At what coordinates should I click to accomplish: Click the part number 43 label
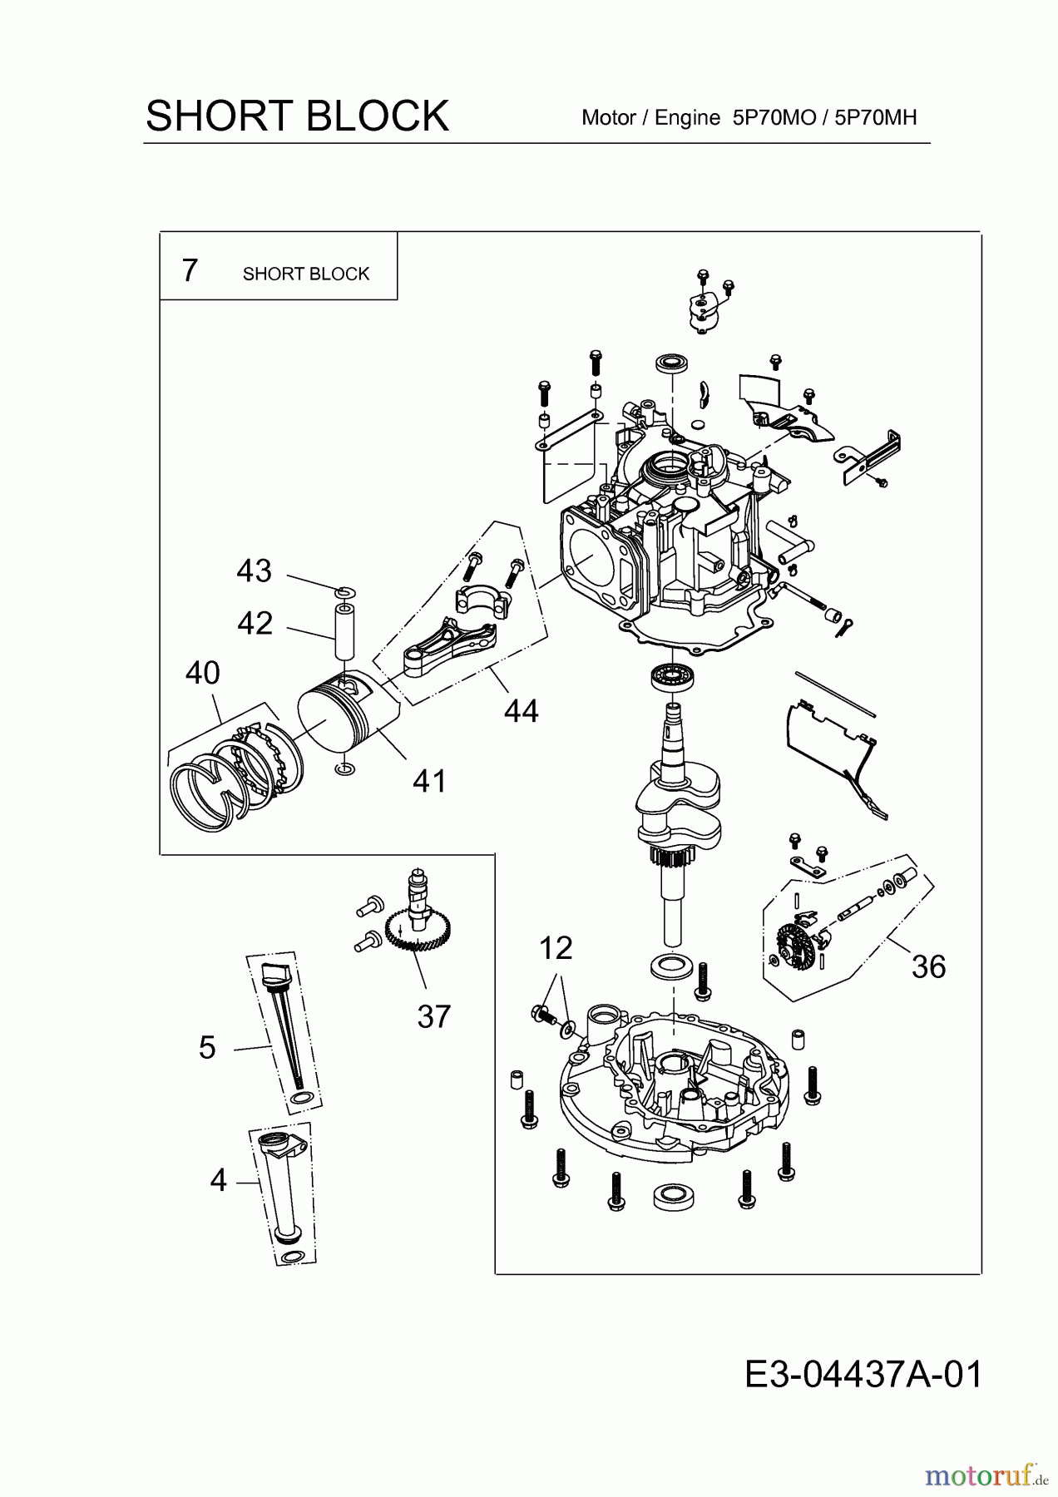point(254,571)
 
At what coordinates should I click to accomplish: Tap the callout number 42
point(255,623)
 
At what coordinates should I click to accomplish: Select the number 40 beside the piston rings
point(202,673)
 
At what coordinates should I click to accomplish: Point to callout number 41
point(429,781)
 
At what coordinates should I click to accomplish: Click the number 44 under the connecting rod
point(521,711)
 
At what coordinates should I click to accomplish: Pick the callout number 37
point(433,1016)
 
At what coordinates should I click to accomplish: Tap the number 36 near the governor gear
point(928,967)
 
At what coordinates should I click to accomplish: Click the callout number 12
point(556,948)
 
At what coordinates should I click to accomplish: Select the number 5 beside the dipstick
point(207,1048)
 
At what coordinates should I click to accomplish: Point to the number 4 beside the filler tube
point(218,1180)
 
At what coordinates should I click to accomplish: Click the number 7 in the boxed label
point(190,271)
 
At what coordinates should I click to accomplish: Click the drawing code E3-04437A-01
point(863,1375)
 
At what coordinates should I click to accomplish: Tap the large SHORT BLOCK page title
point(297,116)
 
